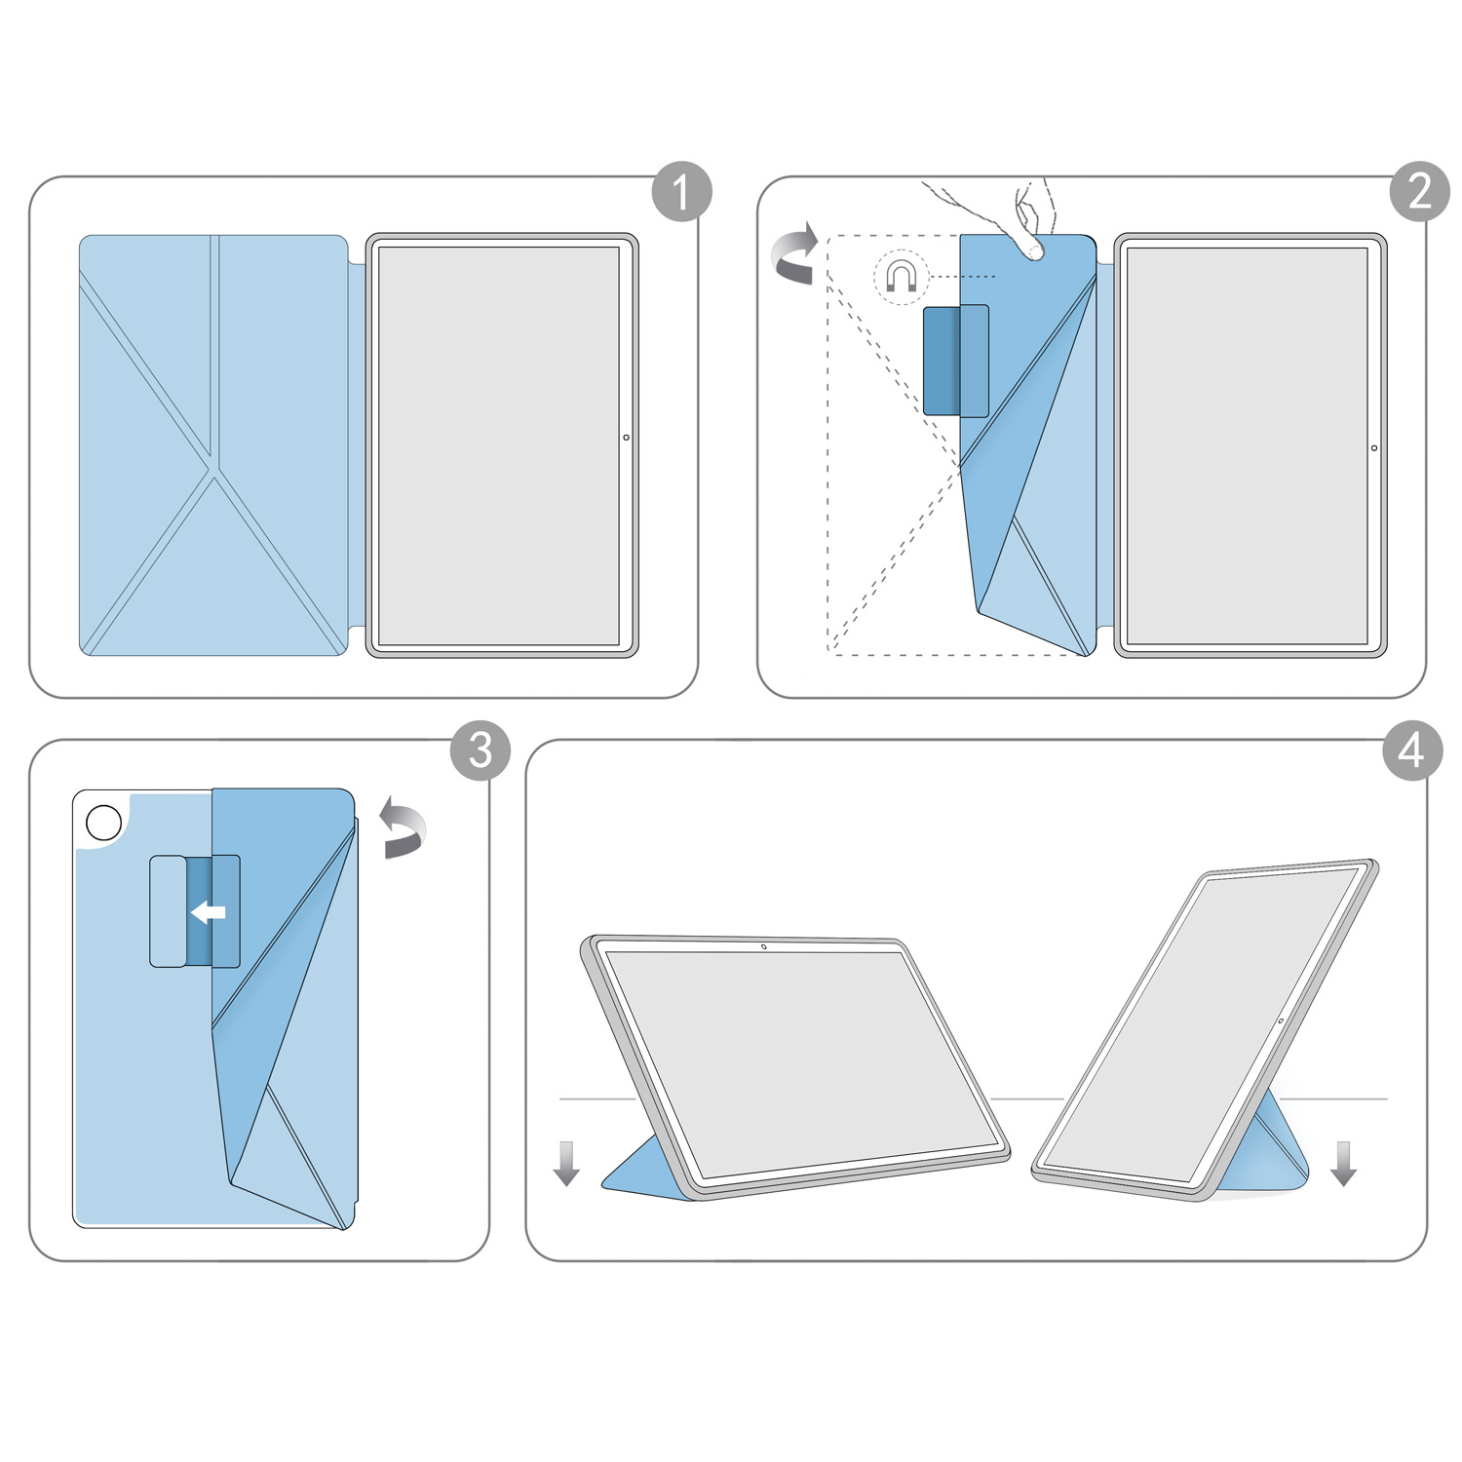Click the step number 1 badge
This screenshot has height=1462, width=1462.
681,191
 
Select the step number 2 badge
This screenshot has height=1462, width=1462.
1419,191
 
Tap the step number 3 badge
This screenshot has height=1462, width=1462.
480,750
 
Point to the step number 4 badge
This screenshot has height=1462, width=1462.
1412,750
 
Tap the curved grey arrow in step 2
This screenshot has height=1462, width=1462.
795,253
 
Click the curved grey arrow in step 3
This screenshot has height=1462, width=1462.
402,827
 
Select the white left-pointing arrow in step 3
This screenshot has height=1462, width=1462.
209,912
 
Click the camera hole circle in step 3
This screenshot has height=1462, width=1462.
104,822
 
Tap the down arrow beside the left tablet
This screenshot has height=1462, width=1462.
566,1163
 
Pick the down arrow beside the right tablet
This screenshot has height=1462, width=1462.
1344,1163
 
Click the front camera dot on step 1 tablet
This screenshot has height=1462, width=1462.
626,438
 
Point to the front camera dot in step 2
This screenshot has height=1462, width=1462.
1374,448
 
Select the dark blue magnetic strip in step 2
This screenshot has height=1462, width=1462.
942,360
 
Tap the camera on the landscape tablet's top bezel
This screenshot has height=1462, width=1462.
763,946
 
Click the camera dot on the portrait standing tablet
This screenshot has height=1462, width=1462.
1281,1020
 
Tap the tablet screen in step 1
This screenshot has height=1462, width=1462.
499,446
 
